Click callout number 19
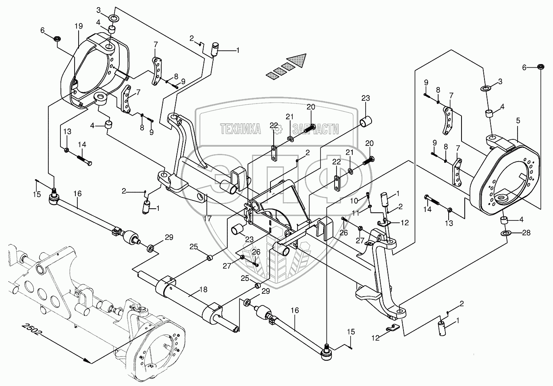[78, 26]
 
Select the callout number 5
[518, 120]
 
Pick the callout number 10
[354, 200]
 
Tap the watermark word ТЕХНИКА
[240, 129]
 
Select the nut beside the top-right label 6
[540, 67]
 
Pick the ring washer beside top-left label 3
[114, 18]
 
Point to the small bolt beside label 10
[368, 195]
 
